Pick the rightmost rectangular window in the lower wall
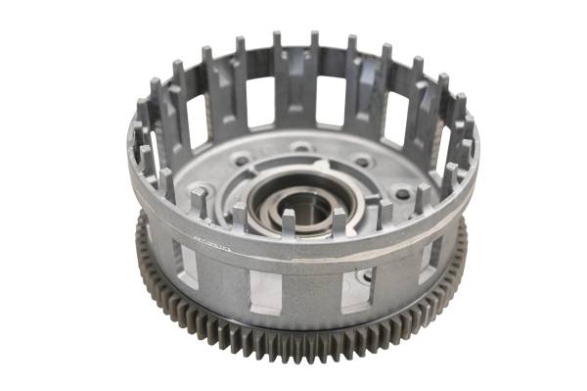[x=429, y=260]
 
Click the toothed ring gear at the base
[x=293, y=333]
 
